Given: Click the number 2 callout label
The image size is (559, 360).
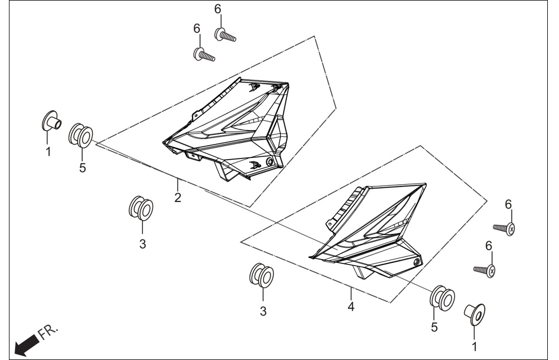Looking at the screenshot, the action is pos(178,198).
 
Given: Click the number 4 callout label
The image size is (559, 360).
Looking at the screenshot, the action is pos(351,306).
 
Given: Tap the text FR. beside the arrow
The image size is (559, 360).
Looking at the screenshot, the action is pos(48,332).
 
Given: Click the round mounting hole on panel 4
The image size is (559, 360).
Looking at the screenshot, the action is pos(416,263).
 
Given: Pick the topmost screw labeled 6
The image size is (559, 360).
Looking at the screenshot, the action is pos(225,35).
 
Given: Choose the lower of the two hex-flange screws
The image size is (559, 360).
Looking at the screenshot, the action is pos(204,55).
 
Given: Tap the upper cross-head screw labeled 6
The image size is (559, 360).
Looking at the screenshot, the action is pos(504,228).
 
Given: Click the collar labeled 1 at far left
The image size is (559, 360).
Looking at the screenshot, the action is pos(51,121).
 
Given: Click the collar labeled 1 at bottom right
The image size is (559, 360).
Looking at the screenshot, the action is pos(475,314).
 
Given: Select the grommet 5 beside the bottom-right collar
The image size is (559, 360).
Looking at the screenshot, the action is pos(442,297).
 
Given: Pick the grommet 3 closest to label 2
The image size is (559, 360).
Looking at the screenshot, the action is pos(141,208).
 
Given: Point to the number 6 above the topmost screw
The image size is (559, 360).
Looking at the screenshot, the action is pos(218,9).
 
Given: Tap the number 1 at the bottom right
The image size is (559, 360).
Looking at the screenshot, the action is pos(474,347).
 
